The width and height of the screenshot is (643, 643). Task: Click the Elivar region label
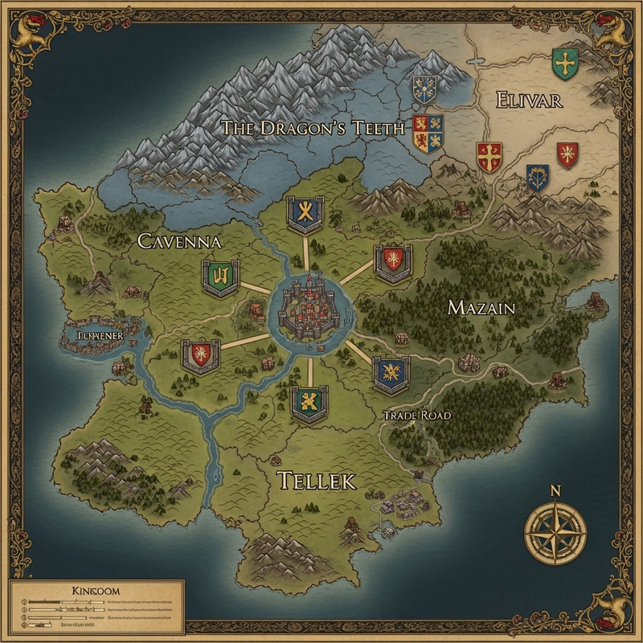pyautogui.click(x=530, y=100)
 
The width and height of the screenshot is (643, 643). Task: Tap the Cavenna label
pyautogui.click(x=179, y=240)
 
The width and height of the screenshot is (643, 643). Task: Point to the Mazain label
pyautogui.click(x=481, y=307)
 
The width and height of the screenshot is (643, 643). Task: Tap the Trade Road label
pyautogui.click(x=417, y=415)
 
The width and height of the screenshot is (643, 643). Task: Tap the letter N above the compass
pyautogui.click(x=555, y=490)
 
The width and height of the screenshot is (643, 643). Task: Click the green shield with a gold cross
pyautogui.click(x=565, y=63)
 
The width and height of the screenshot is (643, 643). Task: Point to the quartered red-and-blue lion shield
pyautogui.click(x=428, y=133)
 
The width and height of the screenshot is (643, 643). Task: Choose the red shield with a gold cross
pyautogui.click(x=489, y=157)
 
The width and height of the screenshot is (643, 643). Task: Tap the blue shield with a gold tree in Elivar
pyautogui.click(x=537, y=177)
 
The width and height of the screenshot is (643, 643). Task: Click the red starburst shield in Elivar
pyautogui.click(x=567, y=154)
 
